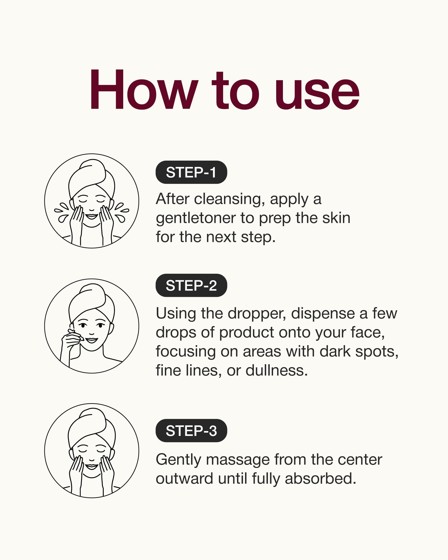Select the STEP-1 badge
point(191,172)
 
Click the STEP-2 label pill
point(191,285)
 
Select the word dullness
point(276,370)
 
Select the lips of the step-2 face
point(91,340)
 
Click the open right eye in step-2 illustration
point(100,325)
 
